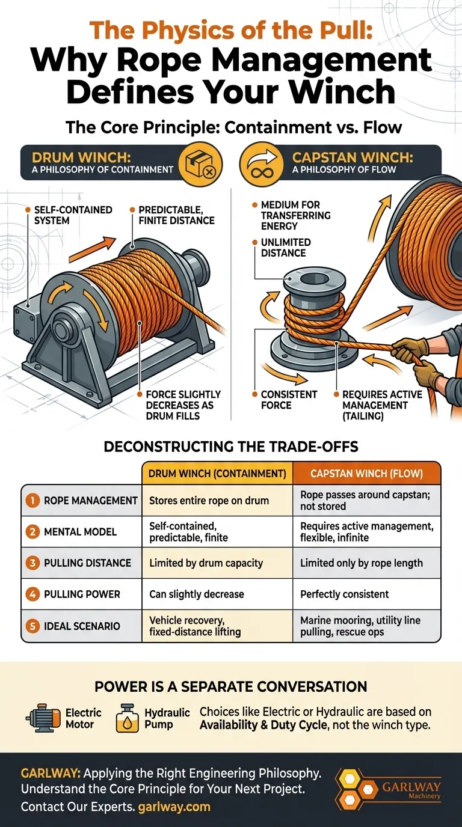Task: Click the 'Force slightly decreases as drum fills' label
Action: pos(183,404)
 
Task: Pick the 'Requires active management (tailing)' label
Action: pos(382,404)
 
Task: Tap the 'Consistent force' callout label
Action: pos(289,400)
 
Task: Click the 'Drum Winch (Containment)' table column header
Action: pos(217,474)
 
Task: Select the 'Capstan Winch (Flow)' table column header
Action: pos(366,474)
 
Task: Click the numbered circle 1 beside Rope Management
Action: pos(32,500)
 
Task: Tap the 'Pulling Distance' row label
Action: pos(87,563)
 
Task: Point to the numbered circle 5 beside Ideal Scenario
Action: pos(32,626)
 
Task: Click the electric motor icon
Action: pos(43,718)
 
